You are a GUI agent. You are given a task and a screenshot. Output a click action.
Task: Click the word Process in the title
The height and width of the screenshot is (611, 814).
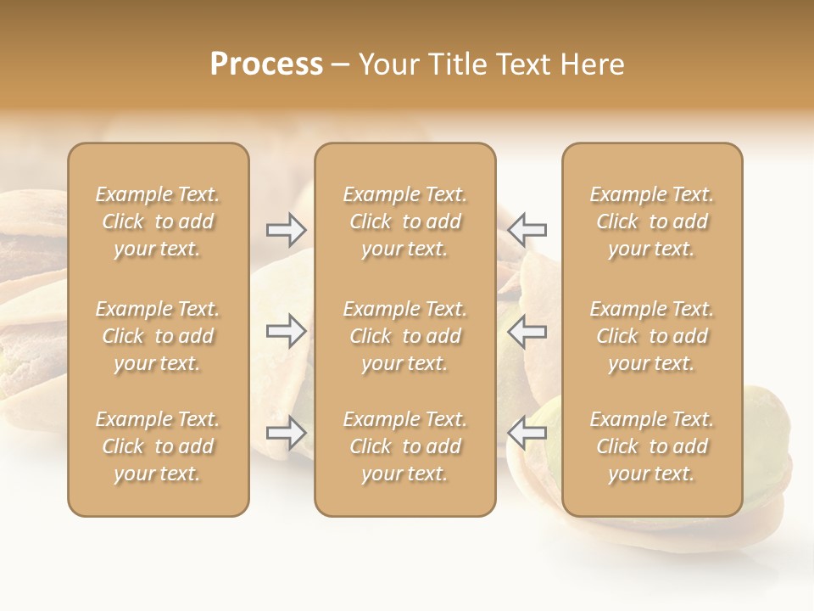coord(266,64)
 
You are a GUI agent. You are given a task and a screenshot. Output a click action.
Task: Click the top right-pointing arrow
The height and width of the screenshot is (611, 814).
coord(286,230)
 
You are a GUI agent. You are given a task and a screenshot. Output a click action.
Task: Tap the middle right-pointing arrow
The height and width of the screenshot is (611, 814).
coord(286,331)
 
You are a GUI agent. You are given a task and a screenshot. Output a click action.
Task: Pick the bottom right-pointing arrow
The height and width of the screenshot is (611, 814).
coord(286,433)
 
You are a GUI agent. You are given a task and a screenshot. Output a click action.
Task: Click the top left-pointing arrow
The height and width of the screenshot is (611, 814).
coord(527,230)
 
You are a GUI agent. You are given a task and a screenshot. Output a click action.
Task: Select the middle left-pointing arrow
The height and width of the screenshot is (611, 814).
coord(527,331)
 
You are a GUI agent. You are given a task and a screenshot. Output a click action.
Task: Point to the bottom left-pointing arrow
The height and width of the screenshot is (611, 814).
coord(527,433)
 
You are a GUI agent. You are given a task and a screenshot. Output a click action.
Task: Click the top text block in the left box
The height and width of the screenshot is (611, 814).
coord(158,221)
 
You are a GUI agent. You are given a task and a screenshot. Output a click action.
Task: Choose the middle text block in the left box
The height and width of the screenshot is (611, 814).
coord(158,336)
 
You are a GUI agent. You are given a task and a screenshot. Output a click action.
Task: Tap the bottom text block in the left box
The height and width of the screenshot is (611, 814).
coord(158,446)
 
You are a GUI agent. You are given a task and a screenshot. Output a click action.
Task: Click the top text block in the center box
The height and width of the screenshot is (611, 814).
coord(404,221)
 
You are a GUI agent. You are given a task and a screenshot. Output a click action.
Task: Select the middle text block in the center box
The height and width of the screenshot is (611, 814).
coord(404,336)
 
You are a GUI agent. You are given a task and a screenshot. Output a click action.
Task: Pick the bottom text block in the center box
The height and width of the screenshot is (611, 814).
coord(404,446)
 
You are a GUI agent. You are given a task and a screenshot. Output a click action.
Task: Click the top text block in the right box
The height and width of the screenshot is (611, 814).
coord(651,221)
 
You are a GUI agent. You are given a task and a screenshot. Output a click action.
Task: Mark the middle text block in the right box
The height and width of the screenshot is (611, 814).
coord(651,336)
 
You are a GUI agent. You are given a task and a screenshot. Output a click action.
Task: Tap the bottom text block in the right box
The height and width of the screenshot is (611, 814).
coord(651,446)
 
